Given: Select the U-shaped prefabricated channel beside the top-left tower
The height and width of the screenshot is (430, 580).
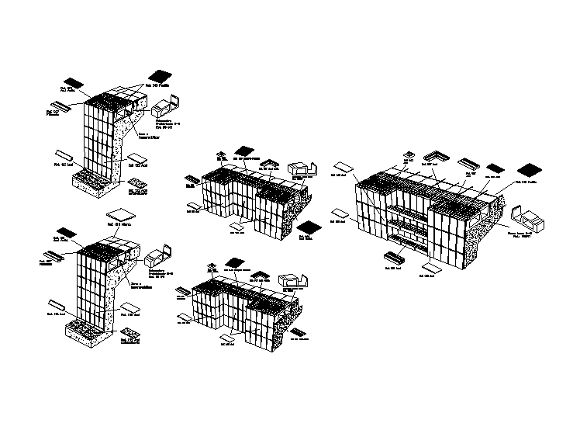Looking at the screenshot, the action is point(174,102).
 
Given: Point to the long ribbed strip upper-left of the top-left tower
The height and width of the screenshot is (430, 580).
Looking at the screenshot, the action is point(60,104).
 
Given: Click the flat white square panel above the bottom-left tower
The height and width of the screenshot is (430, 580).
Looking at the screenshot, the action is point(119,215).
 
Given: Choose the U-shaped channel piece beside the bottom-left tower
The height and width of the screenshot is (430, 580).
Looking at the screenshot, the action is point(161,255).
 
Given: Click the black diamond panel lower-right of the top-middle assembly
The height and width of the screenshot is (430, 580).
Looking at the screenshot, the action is point(309,227).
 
